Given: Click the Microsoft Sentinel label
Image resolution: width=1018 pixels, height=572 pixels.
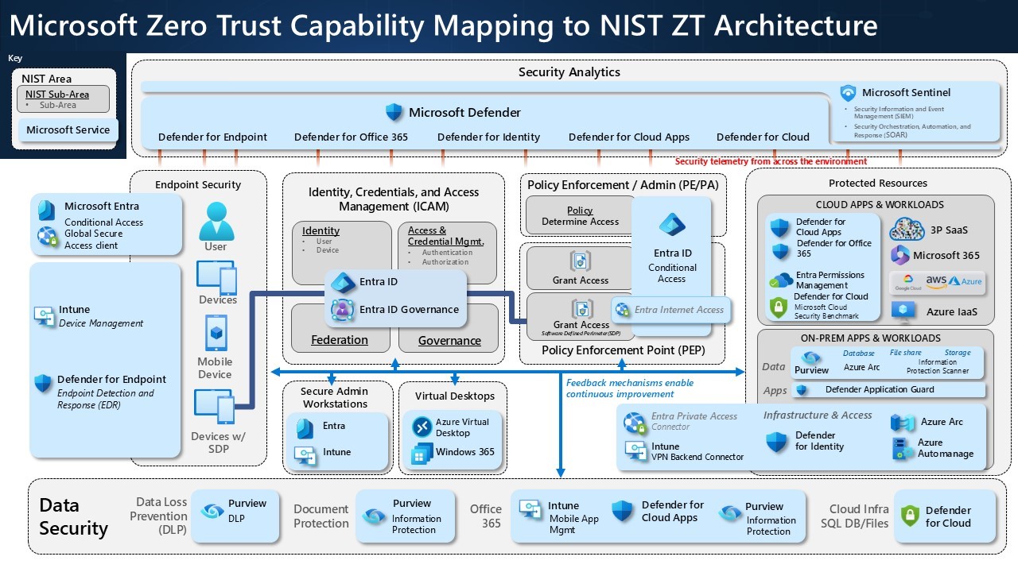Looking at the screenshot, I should point(906,92).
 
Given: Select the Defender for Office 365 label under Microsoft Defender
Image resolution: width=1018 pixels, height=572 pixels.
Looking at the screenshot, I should point(351,137).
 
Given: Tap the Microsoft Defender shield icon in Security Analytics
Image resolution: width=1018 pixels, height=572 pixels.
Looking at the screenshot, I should point(394,112).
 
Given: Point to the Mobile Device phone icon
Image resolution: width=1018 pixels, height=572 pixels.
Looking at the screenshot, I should point(216,334).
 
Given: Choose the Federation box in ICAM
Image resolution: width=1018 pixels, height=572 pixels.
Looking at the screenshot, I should point(340,340).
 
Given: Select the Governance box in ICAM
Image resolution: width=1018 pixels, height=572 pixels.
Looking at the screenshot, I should point(449,341).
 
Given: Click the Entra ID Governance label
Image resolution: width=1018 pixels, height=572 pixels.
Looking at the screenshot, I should point(409,309).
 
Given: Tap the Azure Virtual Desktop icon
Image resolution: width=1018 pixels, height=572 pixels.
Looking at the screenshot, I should point(422,427).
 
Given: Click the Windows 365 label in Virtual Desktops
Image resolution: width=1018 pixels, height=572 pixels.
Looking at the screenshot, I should point(464,452).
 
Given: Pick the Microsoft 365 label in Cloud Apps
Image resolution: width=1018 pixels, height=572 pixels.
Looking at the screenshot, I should point(946,255).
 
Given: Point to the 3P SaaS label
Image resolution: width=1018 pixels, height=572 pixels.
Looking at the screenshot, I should point(949,230).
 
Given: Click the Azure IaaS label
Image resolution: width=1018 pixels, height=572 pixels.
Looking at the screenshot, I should point(951,311).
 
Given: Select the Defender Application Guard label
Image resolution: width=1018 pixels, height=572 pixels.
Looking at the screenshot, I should point(880,389).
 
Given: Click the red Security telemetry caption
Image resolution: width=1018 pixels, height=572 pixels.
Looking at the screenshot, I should point(771,161).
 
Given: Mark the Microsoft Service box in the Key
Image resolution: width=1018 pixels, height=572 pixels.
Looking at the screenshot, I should point(68,129).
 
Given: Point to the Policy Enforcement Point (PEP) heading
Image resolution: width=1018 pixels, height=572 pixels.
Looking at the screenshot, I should point(623,350).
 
